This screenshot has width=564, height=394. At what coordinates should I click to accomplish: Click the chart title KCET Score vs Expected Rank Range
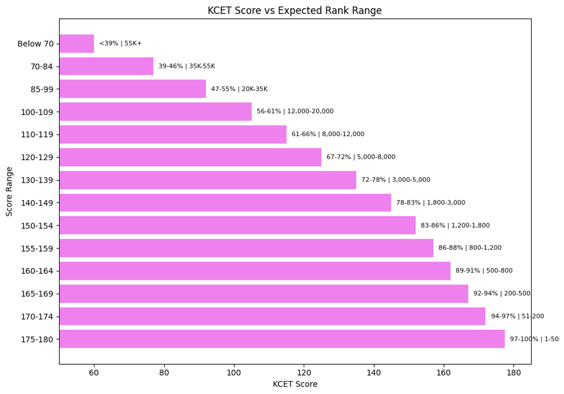coord(295,10)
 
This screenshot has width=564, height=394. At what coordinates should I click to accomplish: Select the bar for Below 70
coord(77,44)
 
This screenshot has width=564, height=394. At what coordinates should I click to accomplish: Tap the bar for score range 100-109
coord(155,112)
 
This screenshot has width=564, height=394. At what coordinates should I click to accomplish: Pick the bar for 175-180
coord(282,339)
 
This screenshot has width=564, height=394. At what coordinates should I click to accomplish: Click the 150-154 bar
coord(237,225)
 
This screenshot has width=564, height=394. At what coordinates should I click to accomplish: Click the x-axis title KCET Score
coord(295,384)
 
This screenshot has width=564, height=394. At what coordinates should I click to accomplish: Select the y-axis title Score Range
coord(9,192)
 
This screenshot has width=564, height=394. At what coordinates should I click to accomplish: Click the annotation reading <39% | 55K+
coord(120,44)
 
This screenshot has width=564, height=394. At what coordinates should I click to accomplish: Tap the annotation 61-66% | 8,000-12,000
coord(328,134)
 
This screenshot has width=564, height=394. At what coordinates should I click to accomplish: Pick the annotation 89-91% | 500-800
coord(484,271)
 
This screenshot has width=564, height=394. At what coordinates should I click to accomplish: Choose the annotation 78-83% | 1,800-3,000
coord(431,203)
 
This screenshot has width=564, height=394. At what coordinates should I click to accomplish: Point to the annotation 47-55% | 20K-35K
coord(239,89)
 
